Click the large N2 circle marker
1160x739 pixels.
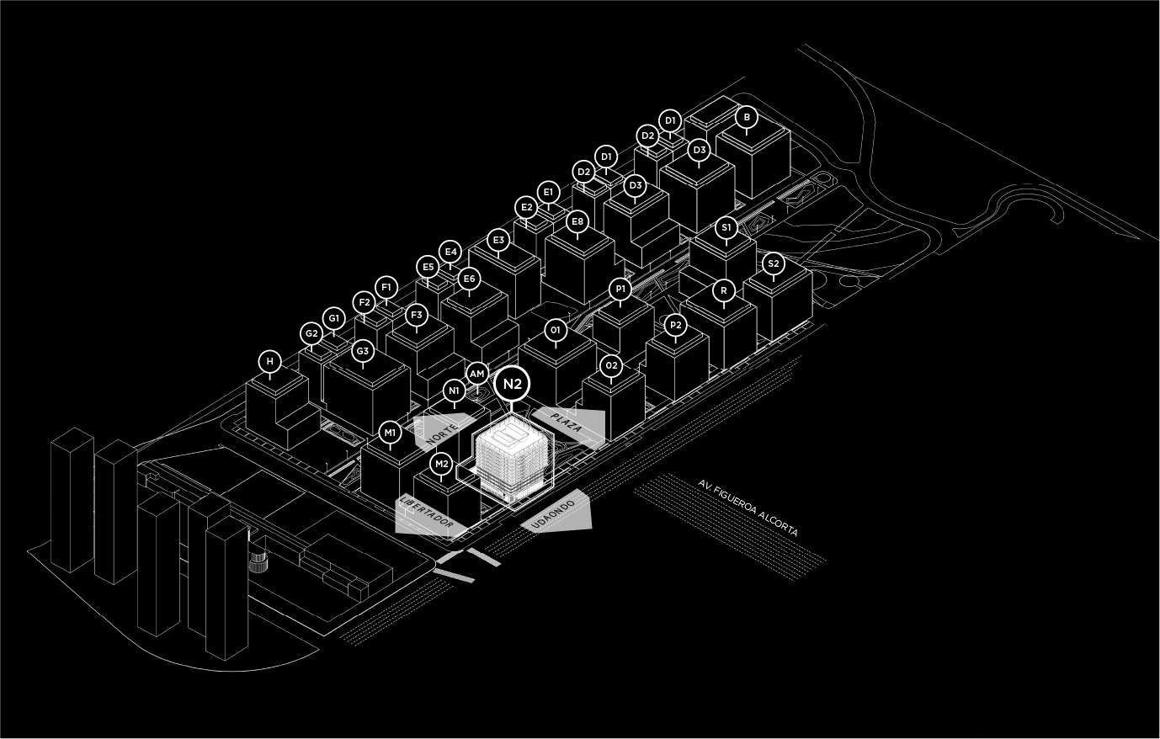click(x=513, y=384)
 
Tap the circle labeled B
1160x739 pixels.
click(x=746, y=117)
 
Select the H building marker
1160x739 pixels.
click(x=269, y=362)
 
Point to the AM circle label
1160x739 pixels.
click(x=476, y=374)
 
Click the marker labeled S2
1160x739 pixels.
click(x=774, y=264)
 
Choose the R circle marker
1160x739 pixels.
click(x=724, y=291)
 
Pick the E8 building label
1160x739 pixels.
click(x=577, y=222)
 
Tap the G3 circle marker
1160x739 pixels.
click(x=363, y=351)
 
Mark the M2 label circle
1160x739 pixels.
click(x=441, y=464)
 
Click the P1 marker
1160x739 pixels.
click(x=620, y=290)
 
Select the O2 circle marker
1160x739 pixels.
click(x=612, y=365)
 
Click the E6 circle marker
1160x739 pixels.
click(x=469, y=279)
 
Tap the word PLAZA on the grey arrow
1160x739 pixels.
click(x=567, y=423)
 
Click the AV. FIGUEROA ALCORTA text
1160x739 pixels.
click(x=748, y=508)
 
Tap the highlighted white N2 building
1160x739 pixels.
click(x=512, y=459)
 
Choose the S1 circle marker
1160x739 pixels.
click(x=726, y=227)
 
